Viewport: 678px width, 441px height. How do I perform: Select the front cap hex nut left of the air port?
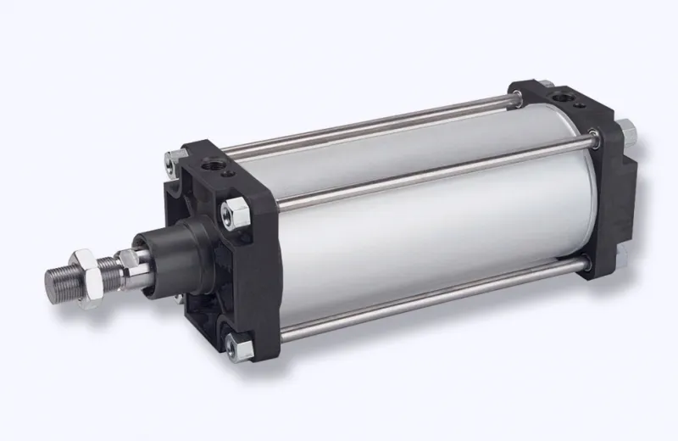click(x=173, y=156)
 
